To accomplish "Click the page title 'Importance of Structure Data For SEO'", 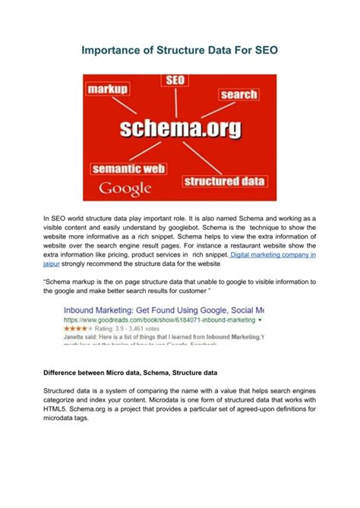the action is (x=180, y=51).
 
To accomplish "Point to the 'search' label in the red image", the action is (x=238, y=94).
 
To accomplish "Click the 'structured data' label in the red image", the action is (x=224, y=181).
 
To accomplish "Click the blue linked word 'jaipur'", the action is (x=52, y=266).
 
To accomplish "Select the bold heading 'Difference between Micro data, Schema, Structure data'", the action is (x=131, y=374).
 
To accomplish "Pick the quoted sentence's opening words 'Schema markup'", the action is (x=73, y=281).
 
